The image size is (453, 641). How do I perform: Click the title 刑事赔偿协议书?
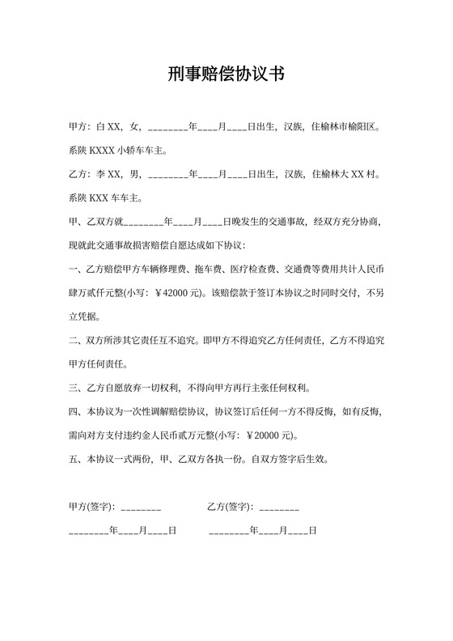click(x=226, y=75)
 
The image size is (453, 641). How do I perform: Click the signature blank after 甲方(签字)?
click(x=141, y=507)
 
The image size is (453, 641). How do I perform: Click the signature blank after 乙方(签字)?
click(x=280, y=507)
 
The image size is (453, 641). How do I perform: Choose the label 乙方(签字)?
click(x=231, y=507)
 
